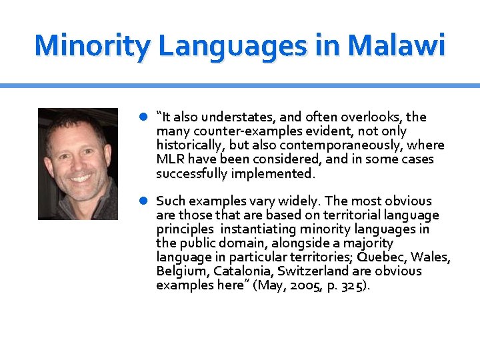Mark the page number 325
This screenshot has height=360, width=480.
click(353, 285)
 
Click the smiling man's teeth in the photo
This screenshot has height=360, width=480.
click(80, 179)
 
